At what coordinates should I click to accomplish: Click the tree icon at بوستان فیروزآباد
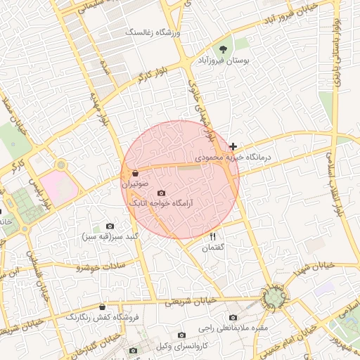coord(223,49)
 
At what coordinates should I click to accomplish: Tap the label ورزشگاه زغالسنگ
coord(153,33)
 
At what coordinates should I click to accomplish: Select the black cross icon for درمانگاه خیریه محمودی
coord(233,147)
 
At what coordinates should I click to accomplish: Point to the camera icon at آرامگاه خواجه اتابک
coord(161,193)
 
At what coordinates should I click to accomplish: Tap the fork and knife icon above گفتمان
coord(212,236)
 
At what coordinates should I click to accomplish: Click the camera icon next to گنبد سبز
coord(110,226)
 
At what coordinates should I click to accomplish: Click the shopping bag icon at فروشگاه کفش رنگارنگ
coord(103,307)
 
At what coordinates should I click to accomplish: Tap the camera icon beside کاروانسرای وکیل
coord(182,335)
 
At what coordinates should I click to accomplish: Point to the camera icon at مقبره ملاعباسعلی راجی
coord(233,317)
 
